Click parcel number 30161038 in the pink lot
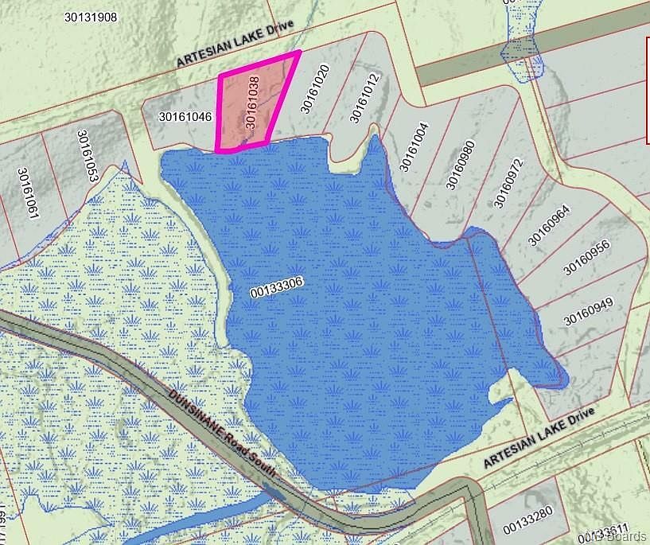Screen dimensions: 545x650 252,102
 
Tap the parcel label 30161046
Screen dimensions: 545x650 185,117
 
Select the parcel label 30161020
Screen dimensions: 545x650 313,89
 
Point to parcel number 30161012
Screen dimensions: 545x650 365,99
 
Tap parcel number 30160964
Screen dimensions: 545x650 548,225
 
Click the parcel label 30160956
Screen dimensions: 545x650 586,257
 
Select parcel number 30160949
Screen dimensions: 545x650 590,310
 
